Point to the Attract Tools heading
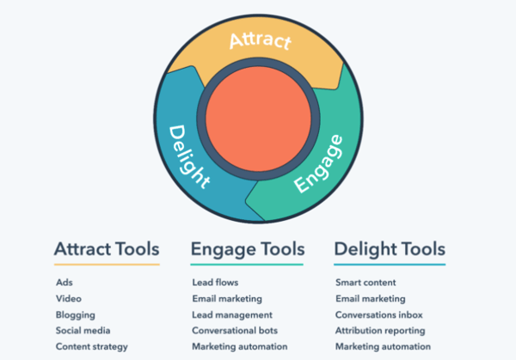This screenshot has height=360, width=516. click(x=107, y=249)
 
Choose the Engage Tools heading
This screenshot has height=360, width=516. click(x=248, y=249)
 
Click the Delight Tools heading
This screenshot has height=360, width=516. click(x=390, y=249)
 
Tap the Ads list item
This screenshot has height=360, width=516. click(x=64, y=282)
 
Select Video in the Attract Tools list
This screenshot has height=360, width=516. click(x=68, y=298)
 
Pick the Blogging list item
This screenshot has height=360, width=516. click(x=75, y=314)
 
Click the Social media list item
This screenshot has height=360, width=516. click(x=83, y=330)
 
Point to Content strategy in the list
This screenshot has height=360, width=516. click(x=92, y=346)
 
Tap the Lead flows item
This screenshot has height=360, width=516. click(x=215, y=282)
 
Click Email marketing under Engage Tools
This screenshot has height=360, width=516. click(x=227, y=298)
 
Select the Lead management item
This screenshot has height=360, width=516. click(x=232, y=314)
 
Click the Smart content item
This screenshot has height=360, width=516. click(x=366, y=282)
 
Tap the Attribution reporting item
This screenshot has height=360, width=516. click(x=380, y=330)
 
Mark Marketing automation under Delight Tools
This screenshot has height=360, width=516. click(x=382, y=346)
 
